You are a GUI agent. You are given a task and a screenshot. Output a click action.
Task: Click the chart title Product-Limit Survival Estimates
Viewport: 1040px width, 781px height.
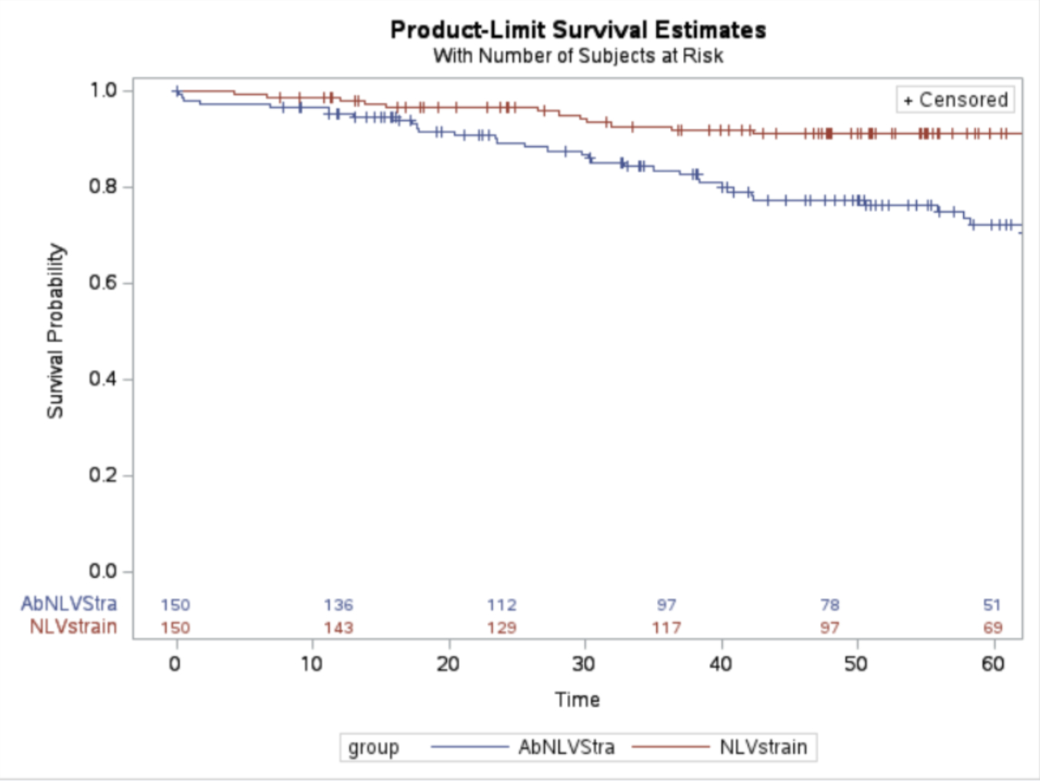578,30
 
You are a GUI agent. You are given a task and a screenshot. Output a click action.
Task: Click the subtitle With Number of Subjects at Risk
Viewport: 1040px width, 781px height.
578,56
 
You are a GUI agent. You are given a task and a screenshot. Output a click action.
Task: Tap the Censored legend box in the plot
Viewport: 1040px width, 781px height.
955,100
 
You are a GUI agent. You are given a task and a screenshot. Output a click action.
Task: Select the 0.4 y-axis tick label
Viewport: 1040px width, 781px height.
103,379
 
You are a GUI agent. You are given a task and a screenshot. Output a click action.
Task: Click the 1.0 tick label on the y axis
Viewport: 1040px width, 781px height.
103,91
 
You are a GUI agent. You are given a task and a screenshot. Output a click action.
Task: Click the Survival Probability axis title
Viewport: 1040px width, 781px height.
55,331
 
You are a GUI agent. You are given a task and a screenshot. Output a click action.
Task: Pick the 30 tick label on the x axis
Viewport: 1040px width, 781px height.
584,664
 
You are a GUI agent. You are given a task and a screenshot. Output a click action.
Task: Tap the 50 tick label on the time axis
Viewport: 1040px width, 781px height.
856,664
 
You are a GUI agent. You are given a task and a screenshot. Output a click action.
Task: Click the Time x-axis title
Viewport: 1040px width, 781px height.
577,700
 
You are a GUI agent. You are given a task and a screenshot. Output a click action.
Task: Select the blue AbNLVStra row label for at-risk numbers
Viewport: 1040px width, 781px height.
69,604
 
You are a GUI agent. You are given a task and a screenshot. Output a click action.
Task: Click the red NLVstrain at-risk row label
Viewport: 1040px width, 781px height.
73,627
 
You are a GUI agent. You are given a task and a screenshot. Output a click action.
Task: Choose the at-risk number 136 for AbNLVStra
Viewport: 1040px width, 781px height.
338,605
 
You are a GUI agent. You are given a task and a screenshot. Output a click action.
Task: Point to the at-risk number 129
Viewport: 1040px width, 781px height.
502,628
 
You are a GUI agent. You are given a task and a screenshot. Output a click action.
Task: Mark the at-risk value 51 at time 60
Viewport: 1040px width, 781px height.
992,605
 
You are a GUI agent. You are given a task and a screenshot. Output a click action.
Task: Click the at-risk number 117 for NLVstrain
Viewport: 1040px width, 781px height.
666,628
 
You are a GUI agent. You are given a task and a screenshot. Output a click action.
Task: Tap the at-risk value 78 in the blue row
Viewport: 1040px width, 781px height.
829,605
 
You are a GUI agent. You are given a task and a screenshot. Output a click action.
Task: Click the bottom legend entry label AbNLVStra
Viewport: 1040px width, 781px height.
566,747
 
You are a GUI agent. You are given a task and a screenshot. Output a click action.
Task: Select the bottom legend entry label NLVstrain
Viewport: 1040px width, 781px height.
763,747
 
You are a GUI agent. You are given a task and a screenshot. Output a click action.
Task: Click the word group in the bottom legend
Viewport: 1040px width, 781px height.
373,747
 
